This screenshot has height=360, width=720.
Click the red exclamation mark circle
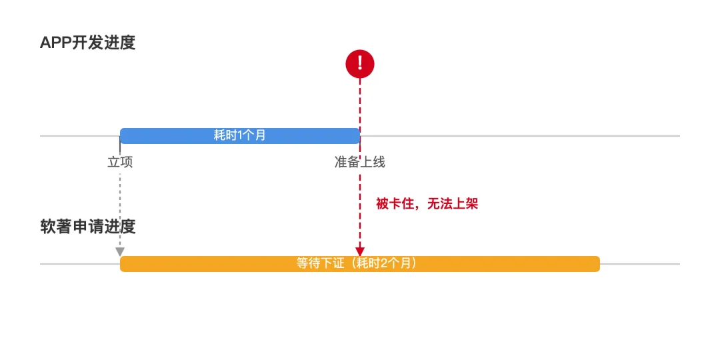coord(360,64)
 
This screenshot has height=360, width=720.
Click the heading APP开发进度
coord(87,43)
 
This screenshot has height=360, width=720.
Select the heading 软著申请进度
coord(87,227)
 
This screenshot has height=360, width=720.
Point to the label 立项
coord(120,162)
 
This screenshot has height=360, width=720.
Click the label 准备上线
coord(360,162)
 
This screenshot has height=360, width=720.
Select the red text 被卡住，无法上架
coord(427,204)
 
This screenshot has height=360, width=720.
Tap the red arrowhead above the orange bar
coord(360,251)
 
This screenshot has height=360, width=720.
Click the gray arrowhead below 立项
coord(120,251)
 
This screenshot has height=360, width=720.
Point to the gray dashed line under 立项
coord(120,207)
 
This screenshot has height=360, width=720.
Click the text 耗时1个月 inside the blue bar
coord(240,135)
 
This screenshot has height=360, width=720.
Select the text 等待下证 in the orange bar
coord(320,264)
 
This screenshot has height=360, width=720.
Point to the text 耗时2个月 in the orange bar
coord(386,264)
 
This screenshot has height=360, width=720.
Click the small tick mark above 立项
coord(120,148)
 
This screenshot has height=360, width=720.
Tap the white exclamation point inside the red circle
coord(360,63)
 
